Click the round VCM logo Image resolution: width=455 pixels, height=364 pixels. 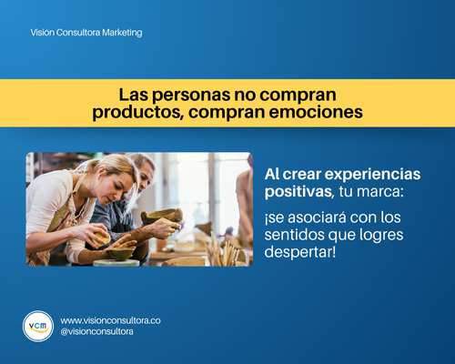38,326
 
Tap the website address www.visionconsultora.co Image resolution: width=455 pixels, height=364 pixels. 110,320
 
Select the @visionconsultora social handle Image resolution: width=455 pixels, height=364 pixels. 96,331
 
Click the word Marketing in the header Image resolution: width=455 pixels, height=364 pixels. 122,33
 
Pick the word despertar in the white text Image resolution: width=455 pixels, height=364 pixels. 300,251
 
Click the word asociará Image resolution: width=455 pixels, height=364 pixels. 317,217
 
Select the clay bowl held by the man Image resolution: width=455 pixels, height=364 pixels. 162,216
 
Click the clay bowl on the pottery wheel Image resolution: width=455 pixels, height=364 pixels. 120,253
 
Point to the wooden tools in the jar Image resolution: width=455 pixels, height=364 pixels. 223,252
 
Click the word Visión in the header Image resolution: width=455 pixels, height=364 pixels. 43,33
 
